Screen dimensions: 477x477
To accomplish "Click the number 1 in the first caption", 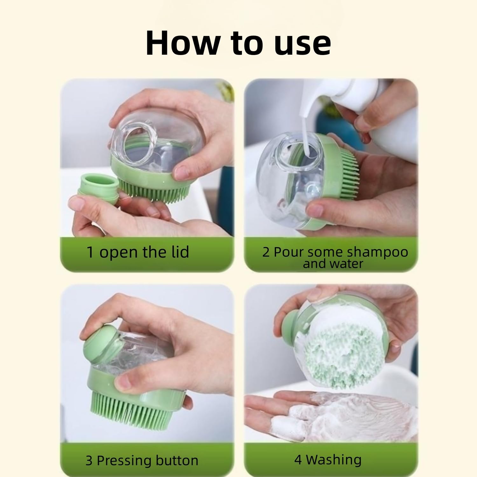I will [x=90, y=252].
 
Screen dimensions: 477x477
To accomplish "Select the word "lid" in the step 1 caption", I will [x=179, y=252].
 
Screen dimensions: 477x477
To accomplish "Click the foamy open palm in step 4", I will [x=334, y=413].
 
